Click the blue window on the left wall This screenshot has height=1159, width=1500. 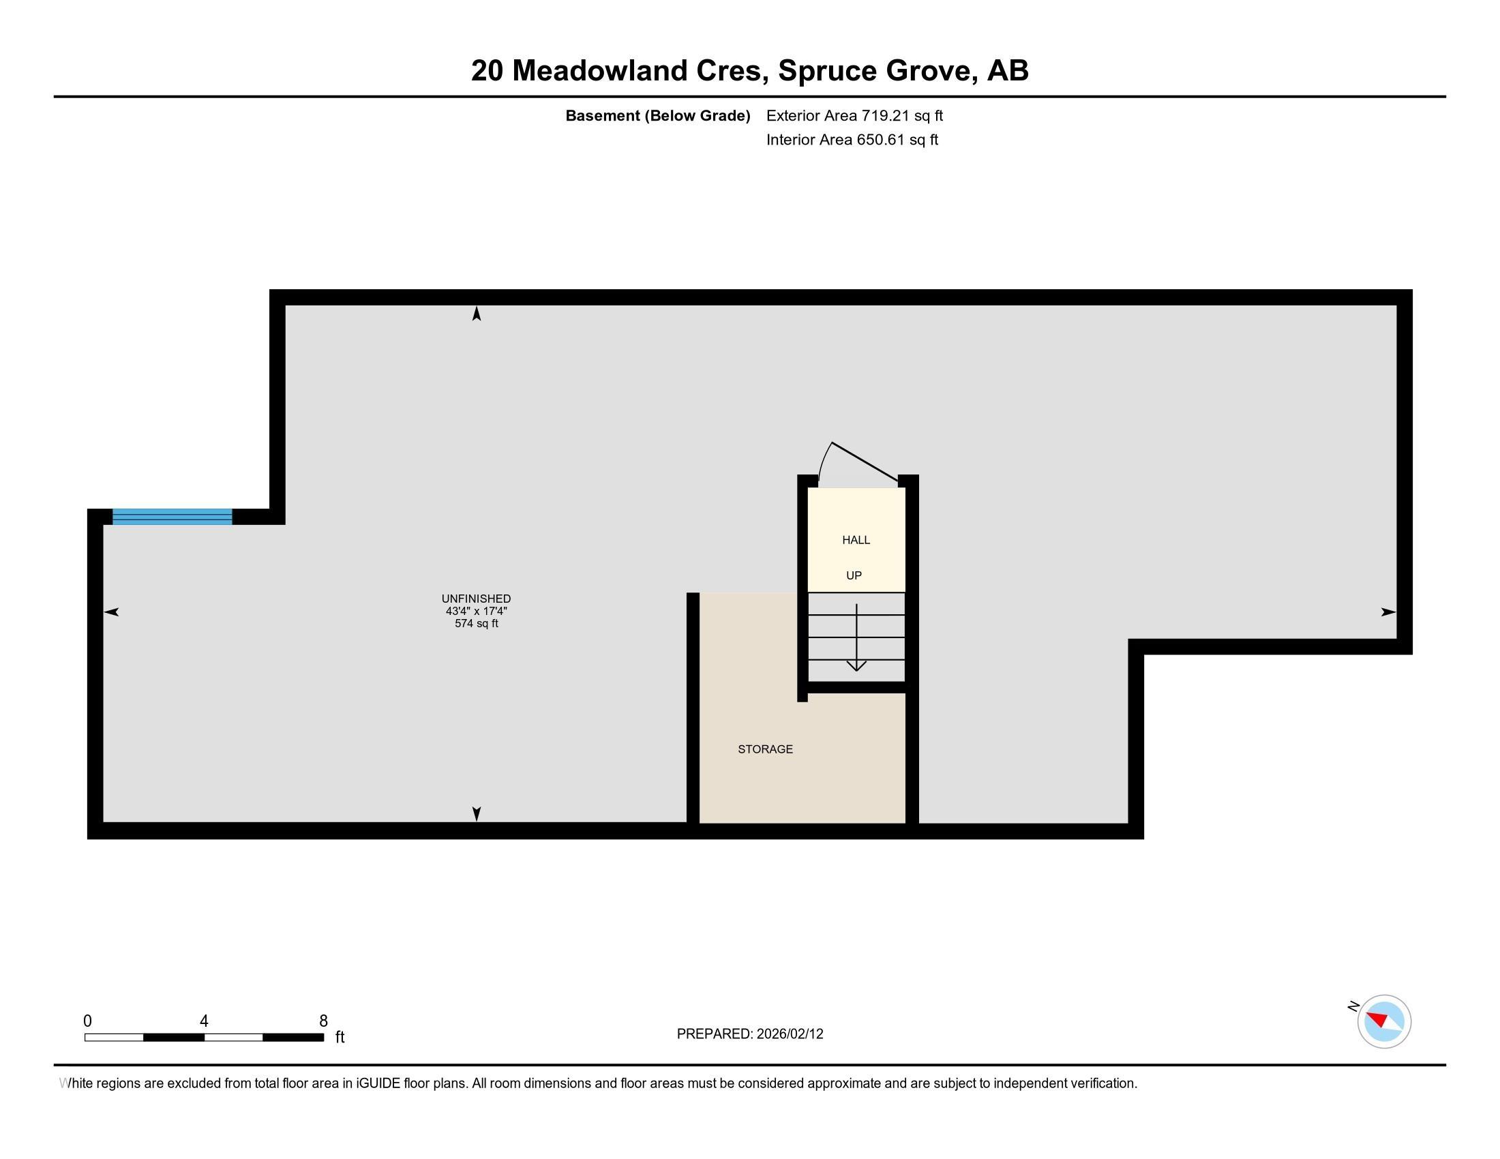point(172,516)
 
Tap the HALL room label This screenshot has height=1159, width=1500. point(856,540)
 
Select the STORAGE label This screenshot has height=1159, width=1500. point(765,749)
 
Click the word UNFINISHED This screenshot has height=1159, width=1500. point(476,599)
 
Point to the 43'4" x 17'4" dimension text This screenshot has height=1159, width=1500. point(476,611)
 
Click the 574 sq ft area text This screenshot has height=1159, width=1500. point(476,623)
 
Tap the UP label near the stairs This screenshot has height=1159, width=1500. point(854,575)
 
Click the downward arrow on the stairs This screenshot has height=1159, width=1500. point(856,637)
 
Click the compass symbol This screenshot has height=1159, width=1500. point(1384,1022)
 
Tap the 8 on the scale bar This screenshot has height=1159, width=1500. point(323,1021)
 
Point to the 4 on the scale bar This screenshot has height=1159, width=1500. point(204,1021)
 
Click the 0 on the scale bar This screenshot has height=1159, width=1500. point(87,1021)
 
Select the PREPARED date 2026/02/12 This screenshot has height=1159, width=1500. point(790,1034)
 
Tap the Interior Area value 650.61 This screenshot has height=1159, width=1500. point(880,139)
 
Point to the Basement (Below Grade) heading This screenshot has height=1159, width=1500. point(657,115)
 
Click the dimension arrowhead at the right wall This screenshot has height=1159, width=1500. point(1389,612)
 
